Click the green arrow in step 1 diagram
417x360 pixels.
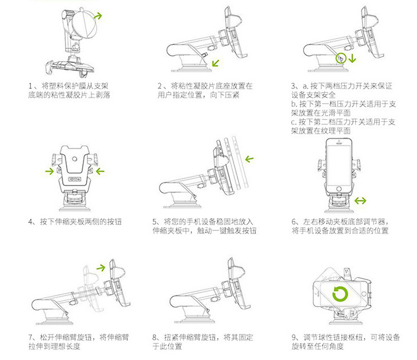[x=97, y=16]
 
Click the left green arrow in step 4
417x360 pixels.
[x=50, y=171]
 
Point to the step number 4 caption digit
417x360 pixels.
[x=31, y=222]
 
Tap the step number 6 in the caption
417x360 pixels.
[x=294, y=222]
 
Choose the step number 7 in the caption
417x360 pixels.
[x=31, y=338]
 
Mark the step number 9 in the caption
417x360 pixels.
[x=294, y=338]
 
